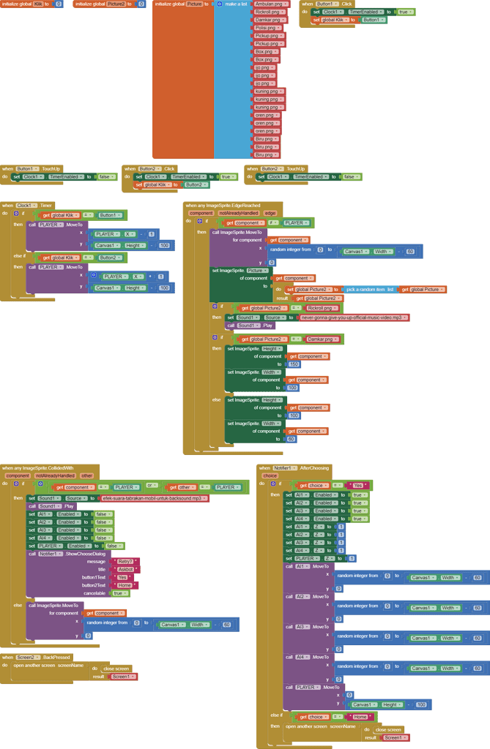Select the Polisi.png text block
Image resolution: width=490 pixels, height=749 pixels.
(x=265, y=28)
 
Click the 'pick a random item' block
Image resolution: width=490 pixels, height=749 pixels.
(x=370, y=290)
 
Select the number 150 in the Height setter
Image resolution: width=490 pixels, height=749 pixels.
(x=293, y=364)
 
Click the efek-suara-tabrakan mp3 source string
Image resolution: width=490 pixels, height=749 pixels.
(x=155, y=498)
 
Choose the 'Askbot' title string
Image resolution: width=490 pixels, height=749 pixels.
(x=125, y=569)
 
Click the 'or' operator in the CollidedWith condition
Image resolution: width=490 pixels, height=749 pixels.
(x=149, y=487)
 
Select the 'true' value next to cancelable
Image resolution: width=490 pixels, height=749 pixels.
(x=116, y=593)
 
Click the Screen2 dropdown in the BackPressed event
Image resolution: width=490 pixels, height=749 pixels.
(x=28, y=658)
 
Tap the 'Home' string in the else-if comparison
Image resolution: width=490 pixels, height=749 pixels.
(x=360, y=717)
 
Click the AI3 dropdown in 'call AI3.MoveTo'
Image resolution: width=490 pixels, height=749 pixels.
(x=301, y=627)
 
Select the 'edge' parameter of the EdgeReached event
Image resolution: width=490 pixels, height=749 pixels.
(x=270, y=213)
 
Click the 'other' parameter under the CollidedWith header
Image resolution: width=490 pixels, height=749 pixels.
(x=87, y=475)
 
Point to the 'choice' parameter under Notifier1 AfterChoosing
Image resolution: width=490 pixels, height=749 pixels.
(x=270, y=475)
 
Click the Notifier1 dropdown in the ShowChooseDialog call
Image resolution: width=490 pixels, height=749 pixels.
(x=51, y=554)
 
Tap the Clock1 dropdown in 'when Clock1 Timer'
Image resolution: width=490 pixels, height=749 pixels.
(x=26, y=206)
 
